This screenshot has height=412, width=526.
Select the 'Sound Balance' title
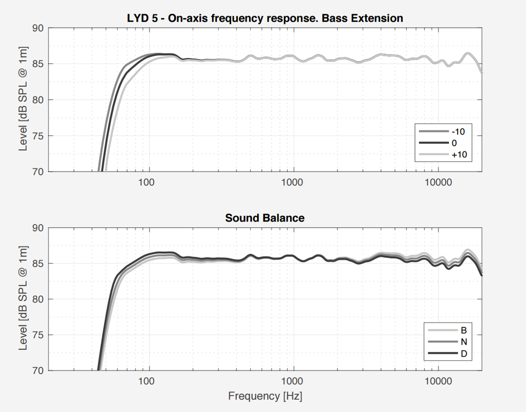tap(265, 218)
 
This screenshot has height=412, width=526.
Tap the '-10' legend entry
tap(458, 132)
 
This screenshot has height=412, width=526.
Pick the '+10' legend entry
tap(458, 154)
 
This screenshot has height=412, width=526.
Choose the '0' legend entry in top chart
tap(454, 143)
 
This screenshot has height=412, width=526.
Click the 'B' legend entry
tap(463, 330)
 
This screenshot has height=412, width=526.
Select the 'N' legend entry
tap(463, 342)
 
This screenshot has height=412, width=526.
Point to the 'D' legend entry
tap(463, 353)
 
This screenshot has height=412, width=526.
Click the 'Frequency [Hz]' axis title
tap(265, 397)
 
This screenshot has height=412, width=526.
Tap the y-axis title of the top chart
tap(23, 99)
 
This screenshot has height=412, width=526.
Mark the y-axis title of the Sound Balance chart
tap(23, 298)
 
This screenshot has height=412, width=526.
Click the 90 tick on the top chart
tap(38, 28)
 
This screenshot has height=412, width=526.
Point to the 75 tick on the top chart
tap(38, 136)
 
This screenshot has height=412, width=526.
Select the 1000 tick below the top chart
tap(293, 182)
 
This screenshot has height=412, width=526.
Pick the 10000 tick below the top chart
tap(438, 182)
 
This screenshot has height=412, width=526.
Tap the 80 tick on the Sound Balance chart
tap(38, 299)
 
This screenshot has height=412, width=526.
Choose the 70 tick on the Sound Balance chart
tap(38, 370)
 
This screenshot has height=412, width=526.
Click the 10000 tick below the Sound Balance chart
tap(438, 381)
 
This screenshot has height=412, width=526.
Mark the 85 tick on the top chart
tap(38, 64)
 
